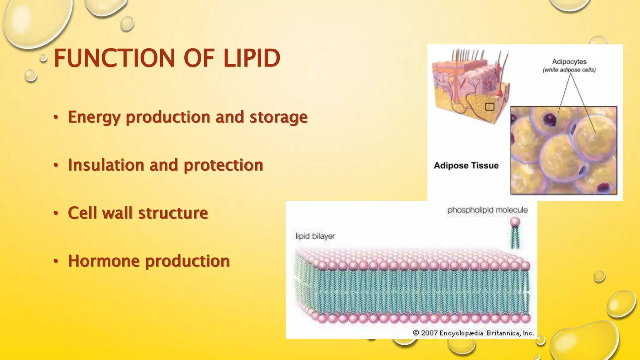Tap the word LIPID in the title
click(x=252, y=58)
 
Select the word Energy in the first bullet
click(x=94, y=117)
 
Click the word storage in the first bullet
click(x=278, y=117)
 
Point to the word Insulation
click(x=106, y=165)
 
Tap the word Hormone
click(x=103, y=261)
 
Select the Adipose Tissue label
click(x=466, y=165)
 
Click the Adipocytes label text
click(x=569, y=62)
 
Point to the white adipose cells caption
click(x=569, y=70)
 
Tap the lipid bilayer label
click(x=315, y=236)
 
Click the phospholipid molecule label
click(x=487, y=210)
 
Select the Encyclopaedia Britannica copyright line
click(x=473, y=333)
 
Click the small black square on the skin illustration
click(x=489, y=107)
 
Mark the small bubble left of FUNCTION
click(x=43, y=58)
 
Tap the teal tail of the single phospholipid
click(x=515, y=237)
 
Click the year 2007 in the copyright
click(x=429, y=333)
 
